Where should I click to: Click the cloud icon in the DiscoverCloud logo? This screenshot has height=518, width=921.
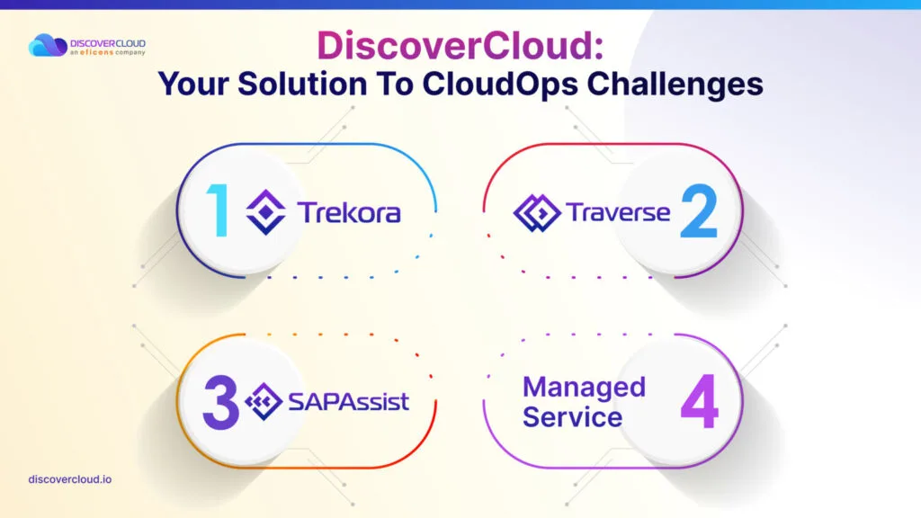tap(48, 45)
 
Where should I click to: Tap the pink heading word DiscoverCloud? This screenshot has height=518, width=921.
tap(460, 45)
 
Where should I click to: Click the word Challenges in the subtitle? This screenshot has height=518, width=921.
tap(675, 84)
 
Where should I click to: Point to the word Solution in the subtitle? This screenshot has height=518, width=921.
tap(302, 84)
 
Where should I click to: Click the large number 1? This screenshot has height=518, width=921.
tap(218, 210)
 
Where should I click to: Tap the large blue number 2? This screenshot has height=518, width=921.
tap(699, 210)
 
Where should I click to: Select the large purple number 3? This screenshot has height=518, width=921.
tap(221, 403)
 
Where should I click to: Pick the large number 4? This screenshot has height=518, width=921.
tap(700, 402)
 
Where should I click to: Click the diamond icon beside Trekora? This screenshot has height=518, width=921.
tap(266, 212)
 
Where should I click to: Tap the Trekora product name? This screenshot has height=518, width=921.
tap(349, 212)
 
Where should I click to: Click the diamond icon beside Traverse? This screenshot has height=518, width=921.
tap(537, 212)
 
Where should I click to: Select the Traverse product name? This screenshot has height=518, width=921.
tap(618, 212)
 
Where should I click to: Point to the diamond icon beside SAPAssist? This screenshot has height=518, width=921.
tap(264, 402)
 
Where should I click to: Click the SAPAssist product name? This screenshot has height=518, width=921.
tap(349, 402)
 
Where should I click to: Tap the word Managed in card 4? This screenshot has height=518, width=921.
tap(584, 388)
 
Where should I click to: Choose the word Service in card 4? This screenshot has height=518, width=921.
tap(572, 417)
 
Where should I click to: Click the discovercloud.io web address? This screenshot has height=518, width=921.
tap(70, 479)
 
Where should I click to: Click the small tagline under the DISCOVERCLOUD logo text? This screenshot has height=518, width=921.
tap(108, 52)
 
